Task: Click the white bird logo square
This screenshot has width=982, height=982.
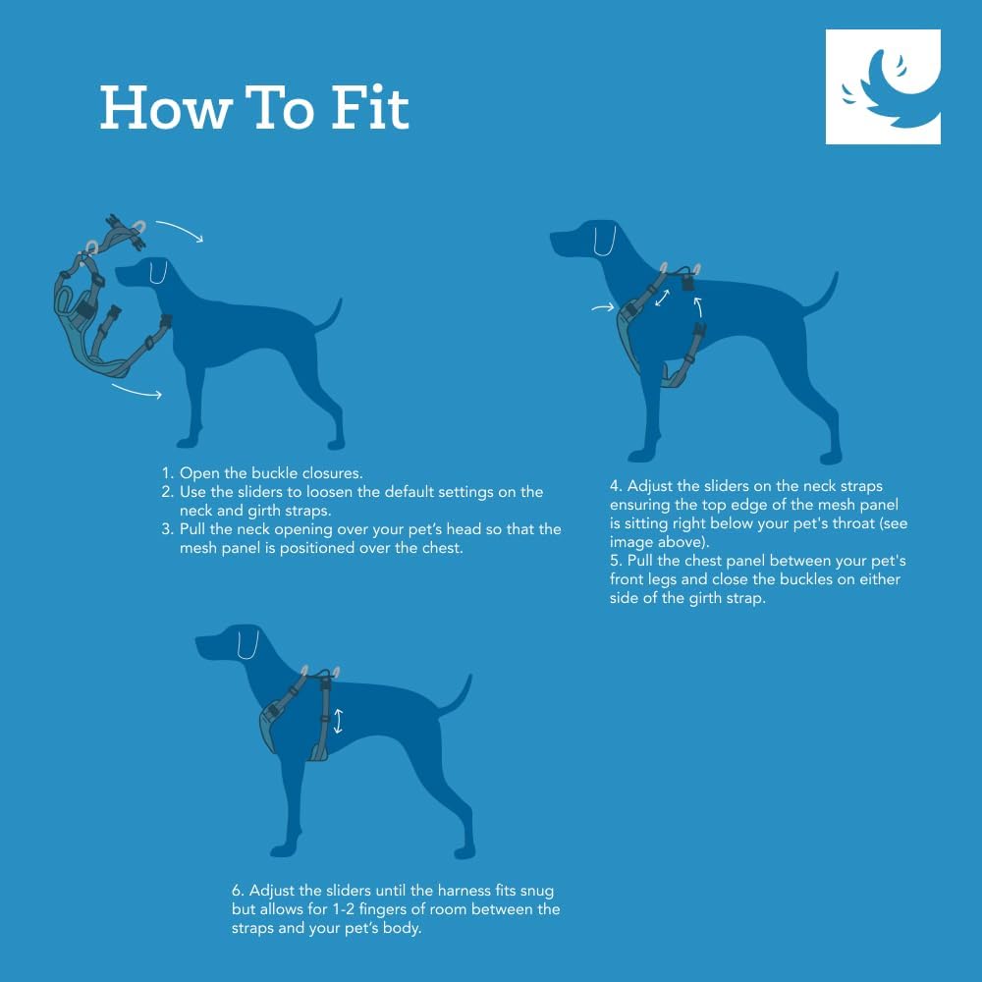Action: (883, 86)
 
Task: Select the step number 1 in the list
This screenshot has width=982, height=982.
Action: (166, 473)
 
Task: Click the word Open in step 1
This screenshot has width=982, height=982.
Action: (199, 473)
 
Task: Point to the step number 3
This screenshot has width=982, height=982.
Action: (167, 529)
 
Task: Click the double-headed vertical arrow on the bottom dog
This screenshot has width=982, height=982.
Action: (339, 722)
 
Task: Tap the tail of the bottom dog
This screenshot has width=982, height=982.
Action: (458, 693)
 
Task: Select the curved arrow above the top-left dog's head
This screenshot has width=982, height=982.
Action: (179, 230)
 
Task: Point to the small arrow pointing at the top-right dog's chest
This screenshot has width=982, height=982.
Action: (602, 309)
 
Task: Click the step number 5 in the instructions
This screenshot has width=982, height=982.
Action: (615, 561)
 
